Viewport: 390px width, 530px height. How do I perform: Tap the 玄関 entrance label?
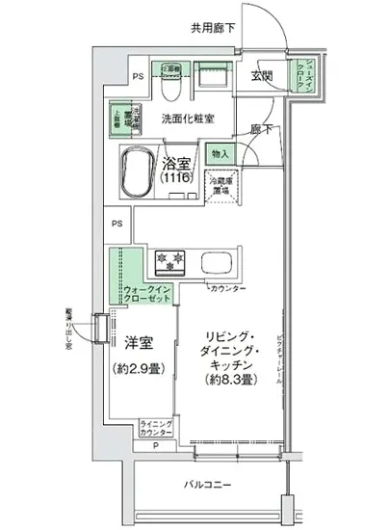pyautogui.click(x=261, y=75)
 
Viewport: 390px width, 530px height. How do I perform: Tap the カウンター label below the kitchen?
pyautogui.click(x=227, y=289)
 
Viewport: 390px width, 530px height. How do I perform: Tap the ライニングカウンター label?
pyautogui.click(x=155, y=430)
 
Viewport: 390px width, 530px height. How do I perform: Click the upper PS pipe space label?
pyautogui.click(x=138, y=75)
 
